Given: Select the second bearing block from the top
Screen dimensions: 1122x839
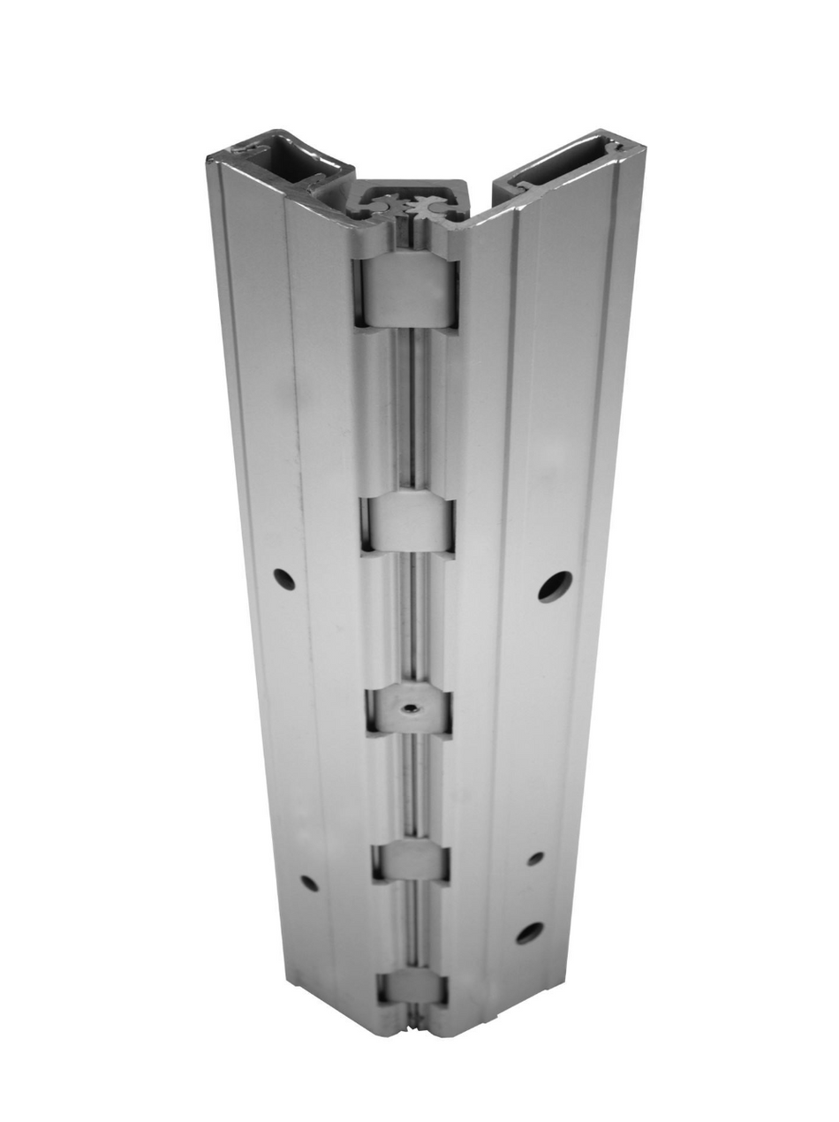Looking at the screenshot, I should [407, 524].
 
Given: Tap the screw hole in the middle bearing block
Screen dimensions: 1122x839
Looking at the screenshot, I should [409, 707].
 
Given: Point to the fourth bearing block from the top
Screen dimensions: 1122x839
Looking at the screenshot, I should [411, 860].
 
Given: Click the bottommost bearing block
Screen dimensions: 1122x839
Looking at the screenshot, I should [412, 987].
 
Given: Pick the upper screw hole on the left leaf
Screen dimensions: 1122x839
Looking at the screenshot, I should [283, 580].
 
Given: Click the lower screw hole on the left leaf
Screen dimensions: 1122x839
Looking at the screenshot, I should [309, 882].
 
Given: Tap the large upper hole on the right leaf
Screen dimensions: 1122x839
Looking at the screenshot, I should [555, 586].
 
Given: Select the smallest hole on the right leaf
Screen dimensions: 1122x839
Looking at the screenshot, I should [535, 858].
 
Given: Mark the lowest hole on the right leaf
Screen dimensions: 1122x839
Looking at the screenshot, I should [529, 932].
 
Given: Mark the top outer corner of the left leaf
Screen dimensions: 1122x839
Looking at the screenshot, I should [210, 159].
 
